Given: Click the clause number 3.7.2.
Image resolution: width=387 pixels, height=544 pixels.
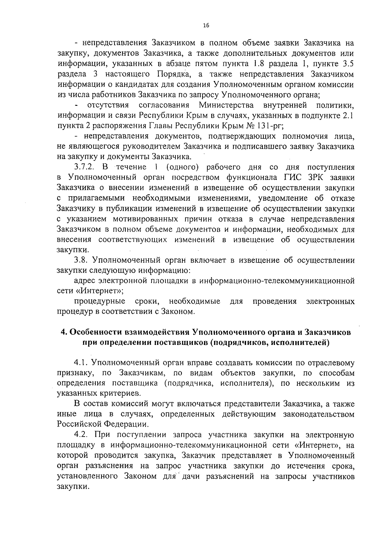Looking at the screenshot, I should (x=84, y=167).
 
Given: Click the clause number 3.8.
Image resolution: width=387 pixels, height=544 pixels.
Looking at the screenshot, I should (x=80, y=260).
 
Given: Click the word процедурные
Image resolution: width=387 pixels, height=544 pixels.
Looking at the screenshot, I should (x=100, y=302).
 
